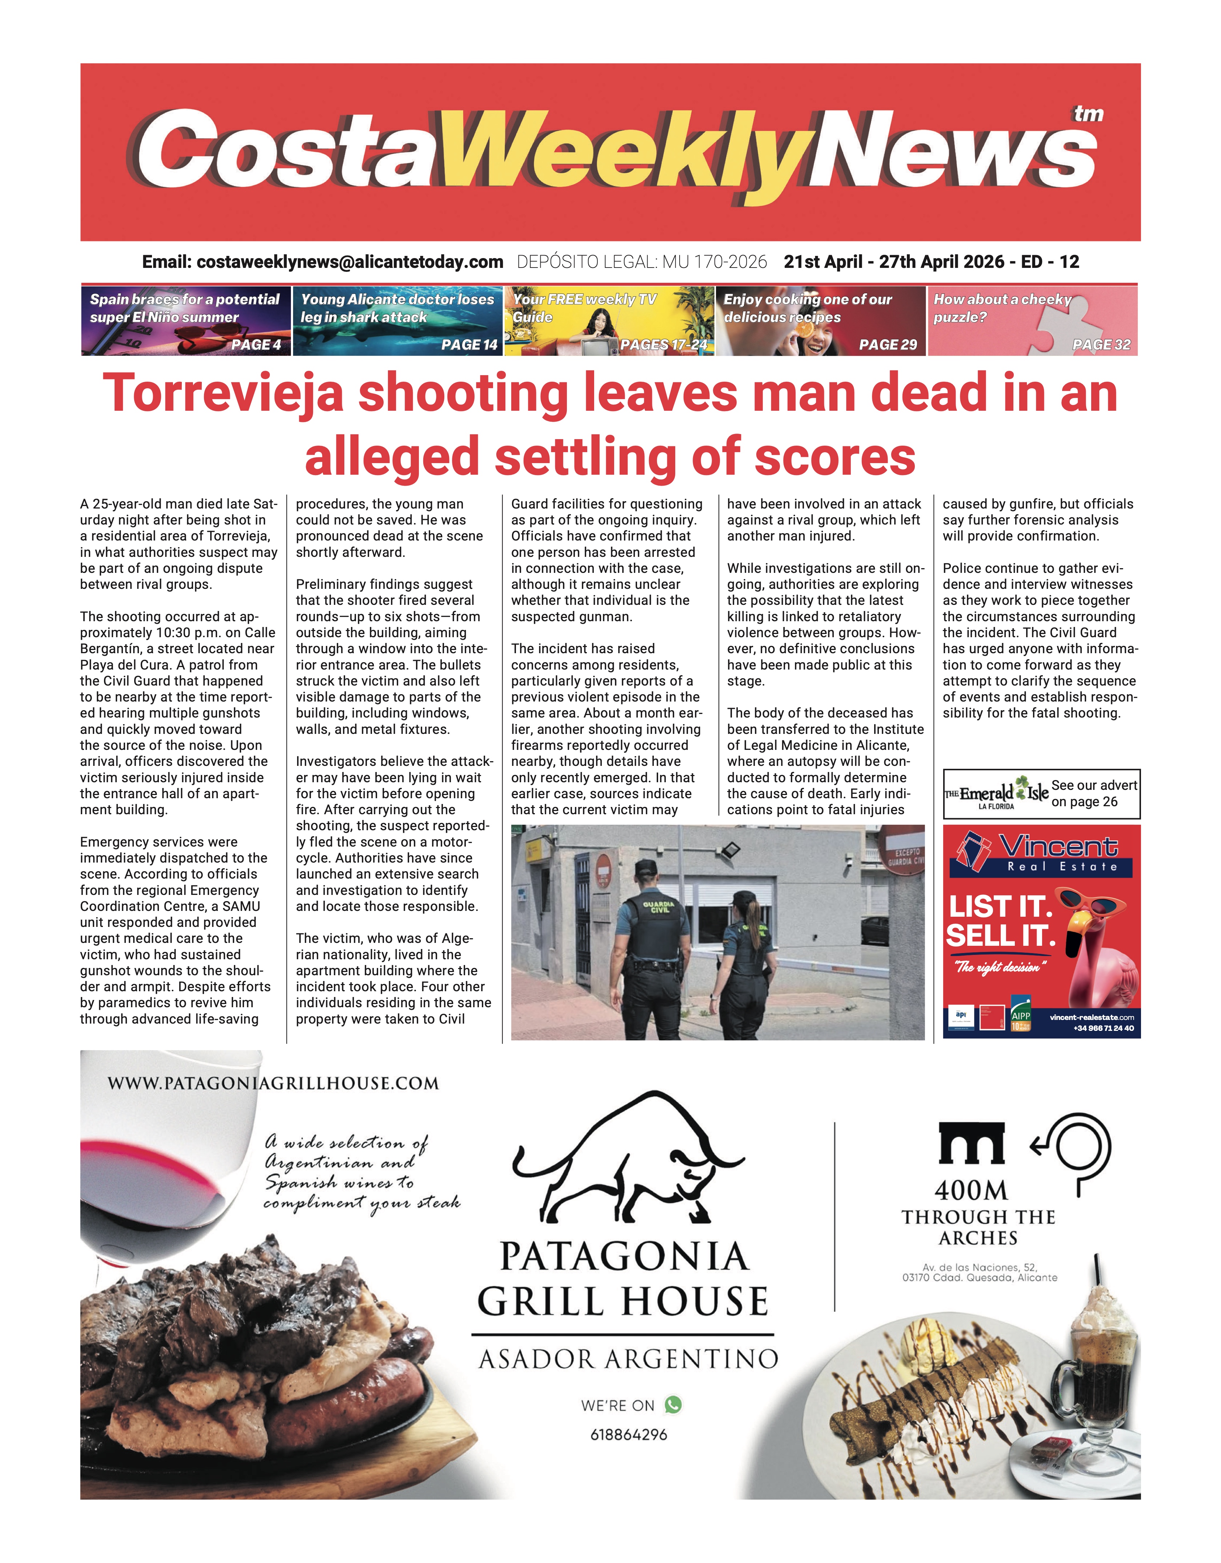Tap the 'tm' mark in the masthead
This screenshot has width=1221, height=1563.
[x=1088, y=114]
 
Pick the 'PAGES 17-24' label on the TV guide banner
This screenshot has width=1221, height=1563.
[x=664, y=345]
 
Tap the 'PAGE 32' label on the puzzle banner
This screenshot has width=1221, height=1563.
[x=1101, y=345]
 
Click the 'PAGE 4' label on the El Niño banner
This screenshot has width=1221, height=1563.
[x=256, y=345]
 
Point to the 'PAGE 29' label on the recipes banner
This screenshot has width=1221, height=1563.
[x=888, y=345]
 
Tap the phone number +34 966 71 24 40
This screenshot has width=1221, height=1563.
[x=1103, y=1028]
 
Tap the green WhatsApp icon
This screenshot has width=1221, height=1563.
[x=673, y=1405]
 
